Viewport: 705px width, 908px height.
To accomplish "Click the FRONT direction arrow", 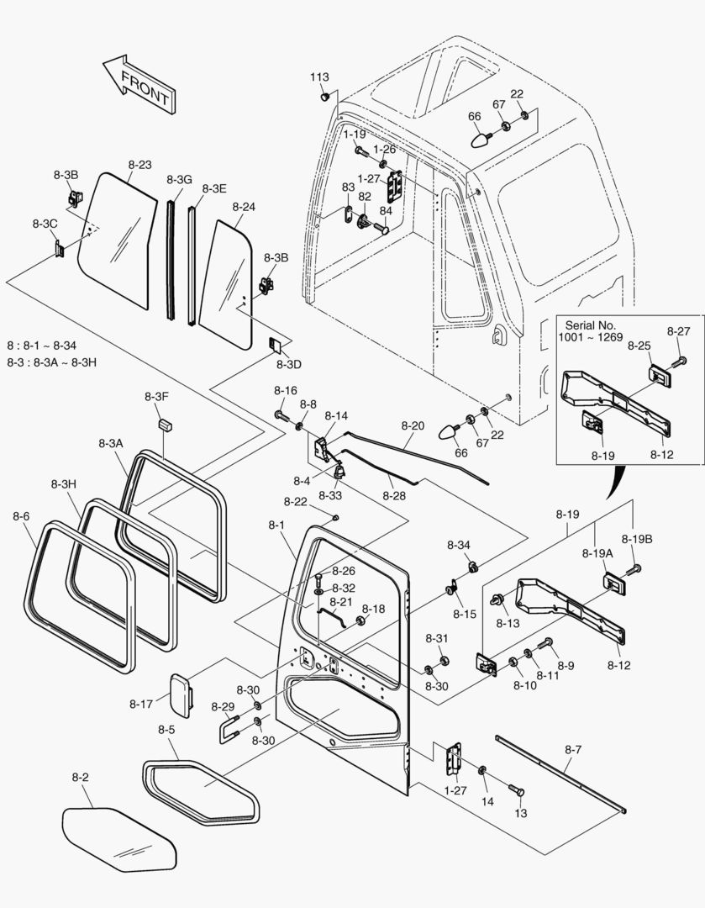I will pos(136,84).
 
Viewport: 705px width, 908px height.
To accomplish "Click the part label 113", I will pos(319,77).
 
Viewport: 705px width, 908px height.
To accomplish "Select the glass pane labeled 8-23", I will pos(118,240).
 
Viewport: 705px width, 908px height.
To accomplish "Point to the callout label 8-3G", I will pos(179,180).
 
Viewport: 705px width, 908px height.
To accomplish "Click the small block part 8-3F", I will pos(164,420).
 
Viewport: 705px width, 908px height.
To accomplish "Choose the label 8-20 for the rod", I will pos(412,426).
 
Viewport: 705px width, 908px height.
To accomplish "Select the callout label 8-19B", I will pos(637,539).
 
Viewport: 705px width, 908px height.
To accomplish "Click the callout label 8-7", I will pos(573,748).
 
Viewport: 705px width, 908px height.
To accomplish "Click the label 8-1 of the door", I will pos(276,525).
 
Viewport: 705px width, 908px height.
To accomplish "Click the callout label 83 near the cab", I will pos(347,187).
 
